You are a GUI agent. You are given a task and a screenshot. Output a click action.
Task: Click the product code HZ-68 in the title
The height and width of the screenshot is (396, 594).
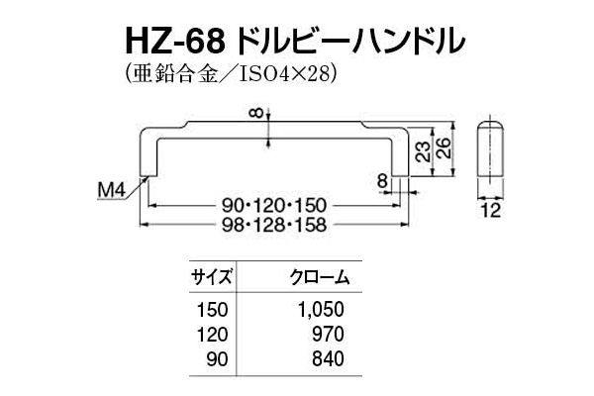pyautogui.click(x=174, y=42)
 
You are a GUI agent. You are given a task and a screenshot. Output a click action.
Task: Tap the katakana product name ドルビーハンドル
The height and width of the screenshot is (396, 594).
pyautogui.click(x=350, y=42)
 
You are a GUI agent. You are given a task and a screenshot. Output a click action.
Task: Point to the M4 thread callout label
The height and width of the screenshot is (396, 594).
pyautogui.click(x=111, y=190)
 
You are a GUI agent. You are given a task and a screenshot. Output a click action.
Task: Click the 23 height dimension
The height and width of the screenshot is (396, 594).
pyautogui.click(x=424, y=151)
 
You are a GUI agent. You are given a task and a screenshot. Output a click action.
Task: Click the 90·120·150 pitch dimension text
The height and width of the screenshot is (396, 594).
pyautogui.click(x=274, y=206)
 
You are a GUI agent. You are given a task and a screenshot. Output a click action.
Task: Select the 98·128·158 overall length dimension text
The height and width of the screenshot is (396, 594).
pyautogui.click(x=274, y=225)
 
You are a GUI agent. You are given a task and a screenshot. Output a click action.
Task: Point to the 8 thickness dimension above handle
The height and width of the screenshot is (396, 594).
pyautogui.click(x=257, y=113)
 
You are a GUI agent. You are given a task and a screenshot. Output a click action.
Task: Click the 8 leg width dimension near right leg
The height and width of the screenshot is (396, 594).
pyautogui.click(x=383, y=181)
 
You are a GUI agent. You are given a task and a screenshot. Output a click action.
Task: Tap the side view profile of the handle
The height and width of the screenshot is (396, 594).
pyautogui.click(x=491, y=148)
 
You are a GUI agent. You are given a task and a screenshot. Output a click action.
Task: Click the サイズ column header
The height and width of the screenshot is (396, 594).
pyautogui.click(x=212, y=278)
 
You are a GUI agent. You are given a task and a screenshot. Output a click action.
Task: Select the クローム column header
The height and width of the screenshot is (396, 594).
pyautogui.click(x=320, y=278)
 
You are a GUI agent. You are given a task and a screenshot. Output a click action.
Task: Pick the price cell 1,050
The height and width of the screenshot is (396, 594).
pyautogui.click(x=321, y=310)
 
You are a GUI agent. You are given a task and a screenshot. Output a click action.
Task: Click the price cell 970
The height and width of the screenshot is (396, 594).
pyautogui.click(x=329, y=335)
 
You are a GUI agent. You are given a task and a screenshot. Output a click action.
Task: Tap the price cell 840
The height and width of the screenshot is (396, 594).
pyautogui.click(x=329, y=358)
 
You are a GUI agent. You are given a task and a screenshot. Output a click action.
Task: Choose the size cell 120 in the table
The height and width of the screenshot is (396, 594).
pyautogui.click(x=213, y=335)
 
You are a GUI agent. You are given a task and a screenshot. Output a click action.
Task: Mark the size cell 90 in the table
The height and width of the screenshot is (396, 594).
pyautogui.click(x=218, y=358)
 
